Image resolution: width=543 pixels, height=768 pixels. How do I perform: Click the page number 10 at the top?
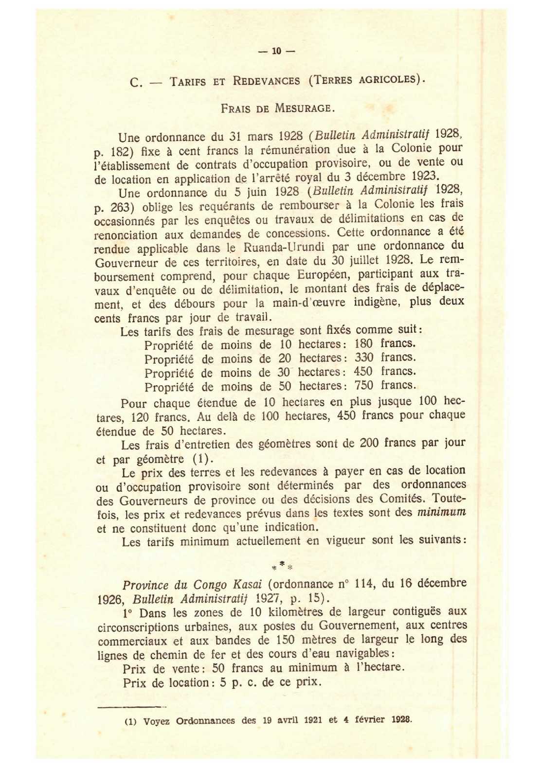[x=276, y=51]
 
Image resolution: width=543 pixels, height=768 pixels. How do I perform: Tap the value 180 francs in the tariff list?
[x=364, y=343]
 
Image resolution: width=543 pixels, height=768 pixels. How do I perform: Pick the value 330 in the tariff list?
[x=364, y=357]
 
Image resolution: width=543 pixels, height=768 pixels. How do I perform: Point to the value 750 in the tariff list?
[x=364, y=386]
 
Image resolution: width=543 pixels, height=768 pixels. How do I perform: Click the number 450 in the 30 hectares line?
[x=363, y=372]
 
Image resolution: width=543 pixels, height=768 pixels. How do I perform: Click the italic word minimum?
[x=442, y=512]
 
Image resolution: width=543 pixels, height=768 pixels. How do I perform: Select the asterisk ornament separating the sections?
[x=282, y=565]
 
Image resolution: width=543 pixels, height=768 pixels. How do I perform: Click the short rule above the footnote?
[x=131, y=707]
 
